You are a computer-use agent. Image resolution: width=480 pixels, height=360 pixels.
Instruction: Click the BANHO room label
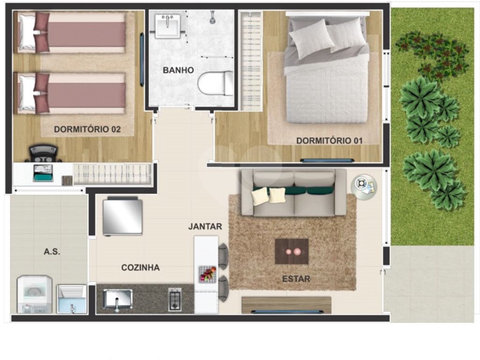[x=178, y=70]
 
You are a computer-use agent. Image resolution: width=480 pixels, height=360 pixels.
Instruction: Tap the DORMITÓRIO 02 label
[x=87, y=129]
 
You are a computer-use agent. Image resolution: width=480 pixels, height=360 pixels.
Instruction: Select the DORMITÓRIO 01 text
[x=329, y=141]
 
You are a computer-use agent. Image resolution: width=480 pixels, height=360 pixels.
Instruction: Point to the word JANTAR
[x=205, y=226]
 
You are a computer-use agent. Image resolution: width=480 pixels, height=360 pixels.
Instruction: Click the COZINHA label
[x=140, y=268]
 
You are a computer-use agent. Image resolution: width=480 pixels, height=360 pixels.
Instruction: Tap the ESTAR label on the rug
[x=296, y=279]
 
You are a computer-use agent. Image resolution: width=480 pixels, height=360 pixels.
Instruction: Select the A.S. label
[x=52, y=252]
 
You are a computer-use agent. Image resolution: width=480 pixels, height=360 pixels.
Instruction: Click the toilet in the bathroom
[x=216, y=83]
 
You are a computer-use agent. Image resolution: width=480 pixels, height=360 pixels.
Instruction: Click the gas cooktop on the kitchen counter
[x=175, y=299]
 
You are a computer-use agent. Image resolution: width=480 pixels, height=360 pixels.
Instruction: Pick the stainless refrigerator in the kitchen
[x=123, y=216]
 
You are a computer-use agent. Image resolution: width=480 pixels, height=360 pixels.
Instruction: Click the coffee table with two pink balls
[x=292, y=251]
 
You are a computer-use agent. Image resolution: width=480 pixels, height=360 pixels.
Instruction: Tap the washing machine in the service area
[x=35, y=294]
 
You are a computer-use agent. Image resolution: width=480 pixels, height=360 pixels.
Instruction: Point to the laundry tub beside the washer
[x=72, y=299]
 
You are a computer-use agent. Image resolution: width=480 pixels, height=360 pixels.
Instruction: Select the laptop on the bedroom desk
[x=42, y=173]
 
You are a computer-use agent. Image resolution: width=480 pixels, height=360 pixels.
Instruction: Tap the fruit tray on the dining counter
[x=207, y=274]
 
